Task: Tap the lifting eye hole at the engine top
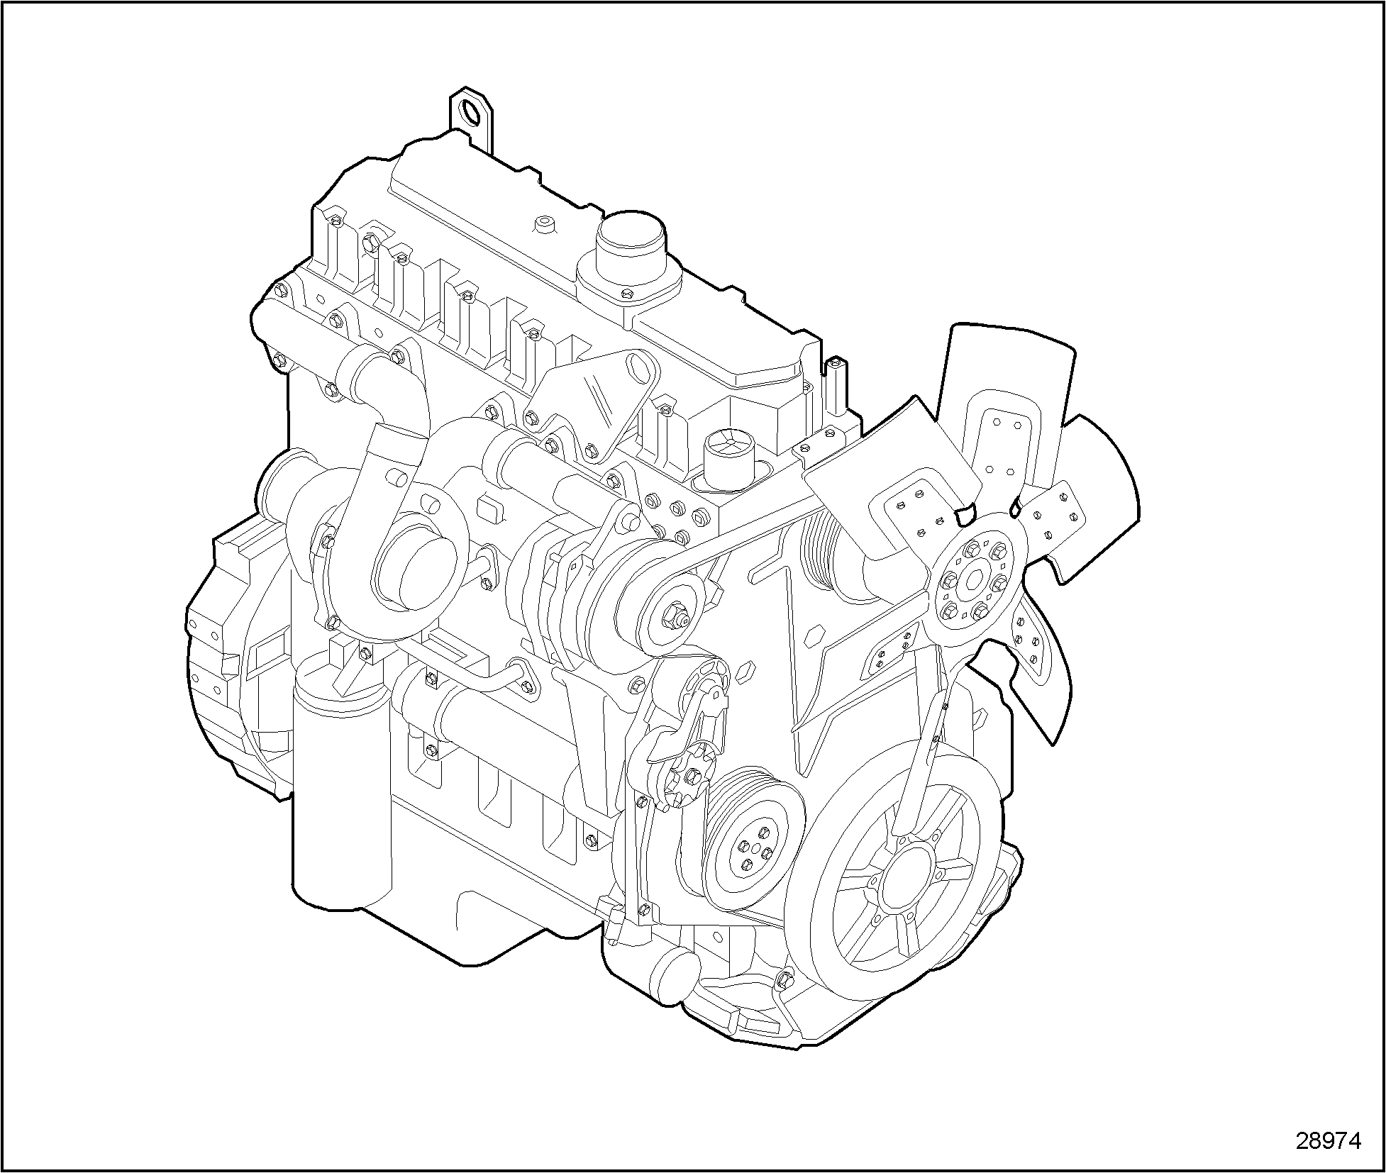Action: click(x=470, y=112)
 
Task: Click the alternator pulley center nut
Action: click(x=676, y=613)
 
